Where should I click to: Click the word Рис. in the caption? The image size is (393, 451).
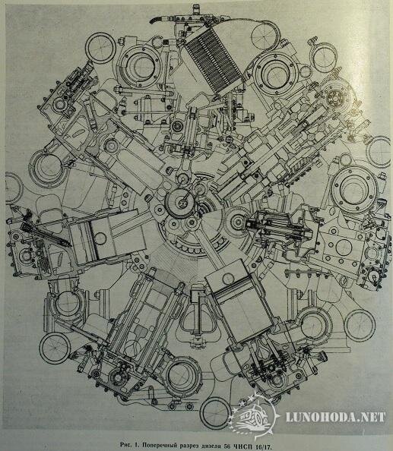(126, 445)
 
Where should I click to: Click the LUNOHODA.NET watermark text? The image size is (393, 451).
(335, 417)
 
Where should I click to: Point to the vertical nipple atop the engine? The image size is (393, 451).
(196, 9)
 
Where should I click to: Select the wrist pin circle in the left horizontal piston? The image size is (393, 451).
(100, 238)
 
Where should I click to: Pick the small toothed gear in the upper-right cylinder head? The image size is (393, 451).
(334, 97)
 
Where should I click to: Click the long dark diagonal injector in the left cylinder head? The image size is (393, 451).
(46, 234)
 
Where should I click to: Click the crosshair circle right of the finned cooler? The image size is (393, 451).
(265, 36)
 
